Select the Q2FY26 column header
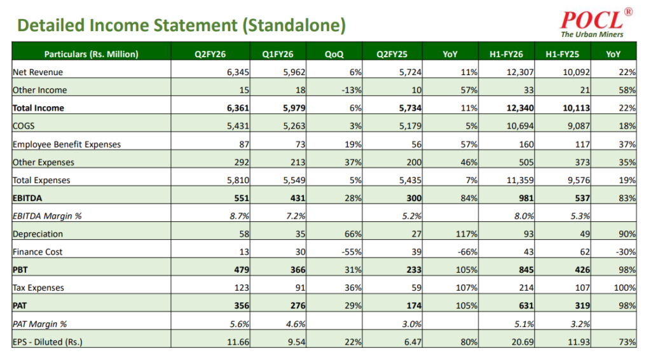210,54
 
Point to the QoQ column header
334,54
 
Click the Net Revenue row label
38,72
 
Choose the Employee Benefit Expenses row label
67,144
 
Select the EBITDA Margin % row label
48,216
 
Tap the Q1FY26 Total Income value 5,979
292,108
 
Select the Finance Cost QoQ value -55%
351,252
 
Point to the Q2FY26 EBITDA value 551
240,198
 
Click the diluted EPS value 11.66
236,342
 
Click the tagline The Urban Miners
592,34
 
